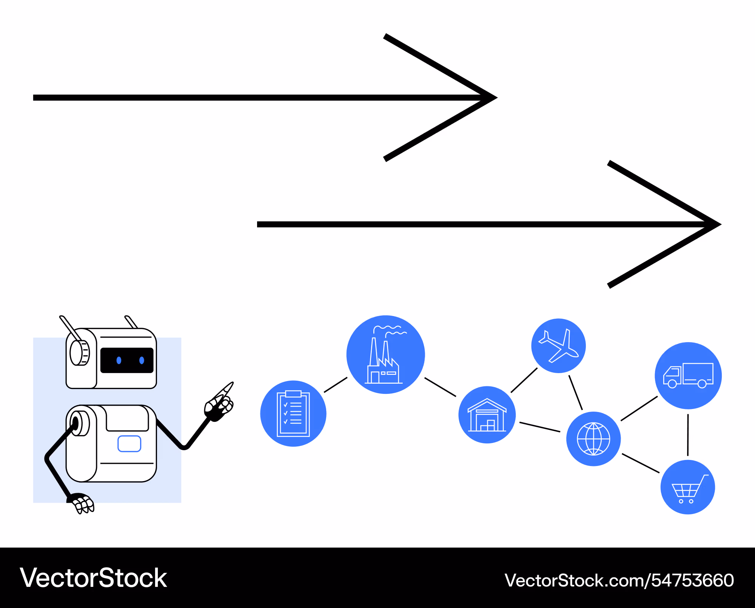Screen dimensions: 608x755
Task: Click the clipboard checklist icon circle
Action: pos(293,414)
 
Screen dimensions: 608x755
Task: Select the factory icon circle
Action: pos(385,355)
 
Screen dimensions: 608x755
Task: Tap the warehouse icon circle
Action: pos(487,415)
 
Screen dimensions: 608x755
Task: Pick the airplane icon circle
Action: pos(558,346)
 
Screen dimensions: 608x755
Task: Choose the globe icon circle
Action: pos(593,439)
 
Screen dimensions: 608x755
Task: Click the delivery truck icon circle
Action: pos(688,376)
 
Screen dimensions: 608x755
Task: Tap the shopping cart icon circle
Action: pos(687,487)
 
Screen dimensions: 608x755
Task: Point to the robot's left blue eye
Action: pos(119,360)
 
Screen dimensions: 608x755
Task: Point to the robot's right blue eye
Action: pos(142,360)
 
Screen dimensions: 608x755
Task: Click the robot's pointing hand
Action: pos(220,403)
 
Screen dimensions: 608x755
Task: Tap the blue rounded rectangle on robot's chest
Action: pos(129,444)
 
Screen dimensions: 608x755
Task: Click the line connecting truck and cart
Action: pos(688,435)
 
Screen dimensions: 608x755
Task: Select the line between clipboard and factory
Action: pos(336,385)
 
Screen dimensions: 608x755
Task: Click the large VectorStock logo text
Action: pos(93,578)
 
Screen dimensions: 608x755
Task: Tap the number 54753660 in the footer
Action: pos(693,580)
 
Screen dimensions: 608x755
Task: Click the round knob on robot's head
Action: pos(79,353)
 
